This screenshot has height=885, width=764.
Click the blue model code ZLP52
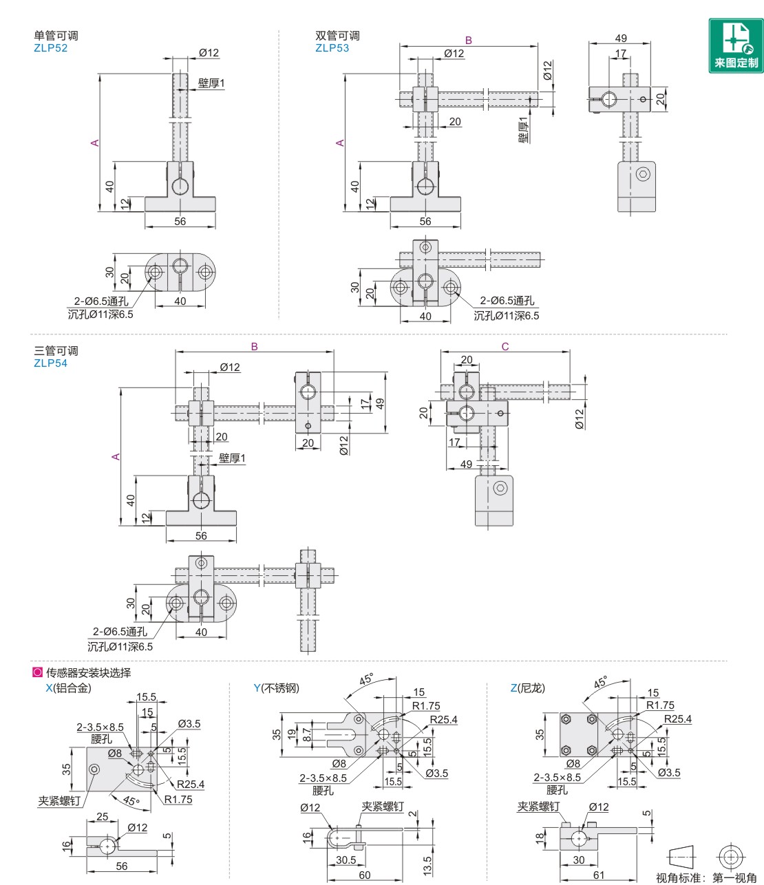pos(50,48)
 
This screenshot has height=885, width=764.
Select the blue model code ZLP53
pos(332,48)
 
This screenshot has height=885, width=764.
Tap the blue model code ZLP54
pos(50,363)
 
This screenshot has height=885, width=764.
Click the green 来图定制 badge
pos(736,45)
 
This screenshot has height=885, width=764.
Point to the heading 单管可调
pos(56,36)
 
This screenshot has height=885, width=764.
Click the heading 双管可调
pos(337,36)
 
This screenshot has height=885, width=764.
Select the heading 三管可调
pos(56,351)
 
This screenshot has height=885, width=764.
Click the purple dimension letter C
pos(505,346)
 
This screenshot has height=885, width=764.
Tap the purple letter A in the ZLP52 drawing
pos(95,143)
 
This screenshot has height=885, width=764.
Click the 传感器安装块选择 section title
pos(88,672)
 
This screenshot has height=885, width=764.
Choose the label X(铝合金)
pos(68,687)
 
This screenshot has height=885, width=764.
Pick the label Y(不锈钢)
pos(276,687)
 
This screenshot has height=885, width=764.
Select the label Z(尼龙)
pos(527,687)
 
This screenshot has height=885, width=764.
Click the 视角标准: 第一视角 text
pos(706,877)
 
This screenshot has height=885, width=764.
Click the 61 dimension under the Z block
pos(599,875)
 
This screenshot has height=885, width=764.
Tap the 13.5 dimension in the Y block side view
pos(427,864)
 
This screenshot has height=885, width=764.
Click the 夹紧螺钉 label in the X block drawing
pos(59,801)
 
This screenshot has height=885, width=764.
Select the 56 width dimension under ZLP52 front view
pos(180,222)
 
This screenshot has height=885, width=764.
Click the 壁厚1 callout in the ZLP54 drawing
pos(232,458)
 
